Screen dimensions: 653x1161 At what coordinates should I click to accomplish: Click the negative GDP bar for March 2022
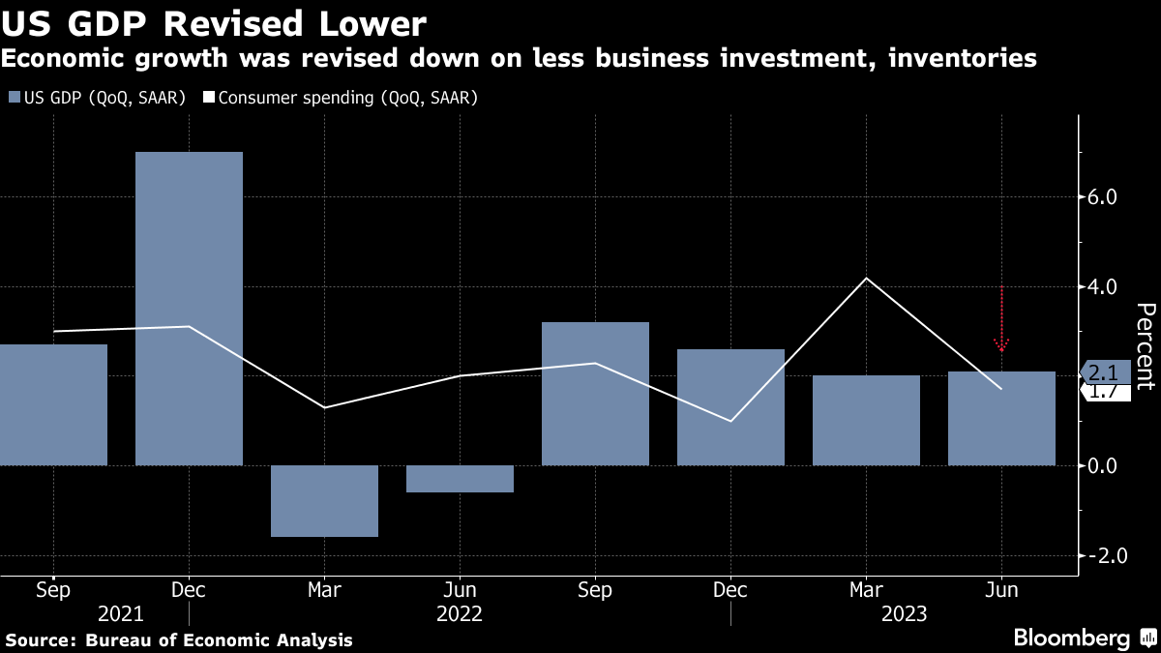click(324, 501)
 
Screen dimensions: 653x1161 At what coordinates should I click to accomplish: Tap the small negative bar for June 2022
click(460, 479)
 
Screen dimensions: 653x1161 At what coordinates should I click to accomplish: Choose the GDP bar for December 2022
click(730, 406)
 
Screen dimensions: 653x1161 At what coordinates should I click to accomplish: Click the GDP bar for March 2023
click(866, 420)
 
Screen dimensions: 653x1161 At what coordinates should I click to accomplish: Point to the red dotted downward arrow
click(1001, 319)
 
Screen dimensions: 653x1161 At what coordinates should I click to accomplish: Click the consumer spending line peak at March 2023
click(866, 279)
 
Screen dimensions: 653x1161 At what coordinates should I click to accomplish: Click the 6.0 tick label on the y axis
click(1103, 197)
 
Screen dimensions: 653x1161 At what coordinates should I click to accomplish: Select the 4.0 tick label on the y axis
click(1103, 287)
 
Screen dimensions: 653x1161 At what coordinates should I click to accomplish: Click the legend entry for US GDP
click(97, 98)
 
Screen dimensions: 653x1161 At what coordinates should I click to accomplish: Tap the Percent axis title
click(1146, 345)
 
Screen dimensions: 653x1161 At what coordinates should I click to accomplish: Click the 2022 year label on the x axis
click(460, 613)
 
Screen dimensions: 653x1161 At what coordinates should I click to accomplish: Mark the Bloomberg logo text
click(1071, 638)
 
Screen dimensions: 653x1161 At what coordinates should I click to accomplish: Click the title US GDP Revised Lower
click(214, 22)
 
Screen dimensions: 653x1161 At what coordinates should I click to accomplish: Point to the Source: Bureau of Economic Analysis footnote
click(179, 640)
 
